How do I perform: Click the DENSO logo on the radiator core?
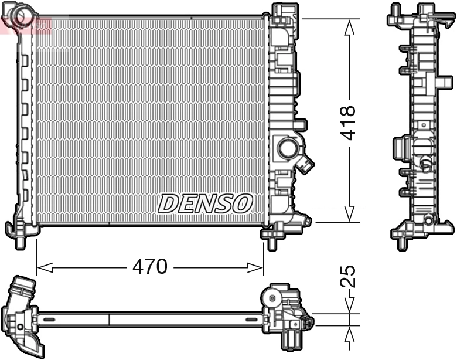click(x=205, y=203)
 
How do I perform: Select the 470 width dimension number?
click(x=150, y=267)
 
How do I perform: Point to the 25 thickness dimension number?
click(x=349, y=276)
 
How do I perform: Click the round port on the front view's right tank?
click(x=288, y=148)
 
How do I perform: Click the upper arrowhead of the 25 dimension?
click(x=350, y=307)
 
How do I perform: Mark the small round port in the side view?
click(x=425, y=164)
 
